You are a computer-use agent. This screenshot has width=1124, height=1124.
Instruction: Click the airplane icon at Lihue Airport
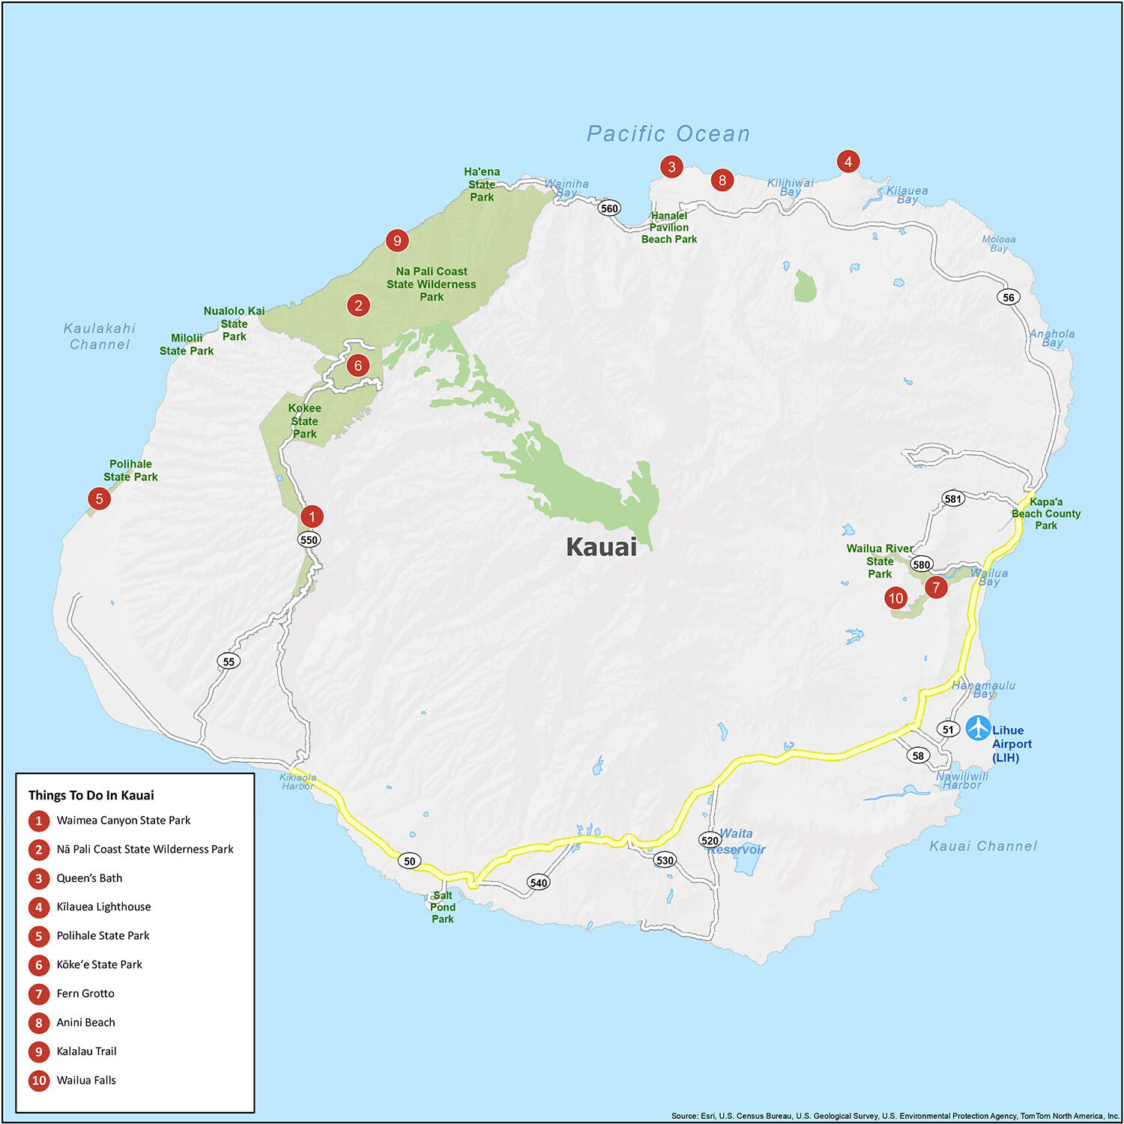[x=978, y=728]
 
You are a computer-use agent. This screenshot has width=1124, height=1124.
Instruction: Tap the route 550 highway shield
[x=309, y=540]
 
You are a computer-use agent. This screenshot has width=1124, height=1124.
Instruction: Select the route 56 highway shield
[x=1009, y=297]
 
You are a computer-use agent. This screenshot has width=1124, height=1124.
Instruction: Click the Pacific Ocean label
[x=668, y=134]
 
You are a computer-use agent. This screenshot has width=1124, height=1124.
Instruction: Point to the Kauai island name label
[x=601, y=547]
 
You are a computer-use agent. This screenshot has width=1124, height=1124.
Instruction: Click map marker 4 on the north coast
[x=847, y=161]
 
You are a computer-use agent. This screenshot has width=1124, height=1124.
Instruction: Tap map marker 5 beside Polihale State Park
[x=99, y=498]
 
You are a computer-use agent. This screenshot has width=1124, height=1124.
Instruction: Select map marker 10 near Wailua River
[x=895, y=598]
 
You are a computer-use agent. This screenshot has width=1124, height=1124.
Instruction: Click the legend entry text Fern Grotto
[x=85, y=994]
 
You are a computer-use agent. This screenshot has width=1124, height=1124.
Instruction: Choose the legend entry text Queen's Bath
[x=89, y=878]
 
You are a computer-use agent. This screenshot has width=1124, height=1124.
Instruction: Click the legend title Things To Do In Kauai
[x=91, y=795]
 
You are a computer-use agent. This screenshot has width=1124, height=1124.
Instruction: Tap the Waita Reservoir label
[x=737, y=842]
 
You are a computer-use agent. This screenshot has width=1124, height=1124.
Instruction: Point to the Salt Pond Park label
[x=442, y=907]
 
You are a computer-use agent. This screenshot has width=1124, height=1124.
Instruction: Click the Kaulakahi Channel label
[x=100, y=336]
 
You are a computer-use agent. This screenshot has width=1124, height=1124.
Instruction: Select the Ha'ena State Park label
[x=482, y=184]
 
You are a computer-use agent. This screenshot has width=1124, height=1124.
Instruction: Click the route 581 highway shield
[x=952, y=499]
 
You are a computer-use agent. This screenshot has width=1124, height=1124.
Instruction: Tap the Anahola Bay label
[x=1051, y=338]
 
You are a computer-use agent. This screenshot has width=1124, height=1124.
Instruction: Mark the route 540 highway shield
[x=538, y=883]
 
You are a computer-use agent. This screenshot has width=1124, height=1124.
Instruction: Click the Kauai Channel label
[x=982, y=846]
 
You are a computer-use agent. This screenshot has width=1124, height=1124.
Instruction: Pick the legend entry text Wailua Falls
[x=86, y=1080]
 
